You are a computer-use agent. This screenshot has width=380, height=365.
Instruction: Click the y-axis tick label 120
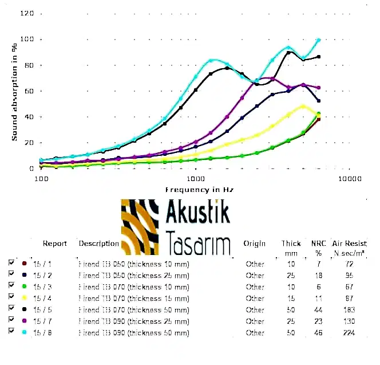click(27, 13)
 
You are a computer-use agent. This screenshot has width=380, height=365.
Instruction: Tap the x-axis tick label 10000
click(350, 179)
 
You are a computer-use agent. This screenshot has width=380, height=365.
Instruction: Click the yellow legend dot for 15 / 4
click(24, 298)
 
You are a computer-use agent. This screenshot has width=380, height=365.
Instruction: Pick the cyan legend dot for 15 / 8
click(24, 332)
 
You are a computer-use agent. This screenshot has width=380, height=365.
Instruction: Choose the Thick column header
click(291, 244)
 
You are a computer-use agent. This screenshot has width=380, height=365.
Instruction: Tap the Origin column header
click(254, 244)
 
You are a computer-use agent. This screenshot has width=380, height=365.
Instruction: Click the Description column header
click(98, 244)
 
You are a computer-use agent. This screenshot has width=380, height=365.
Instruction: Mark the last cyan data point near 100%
click(319, 40)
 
